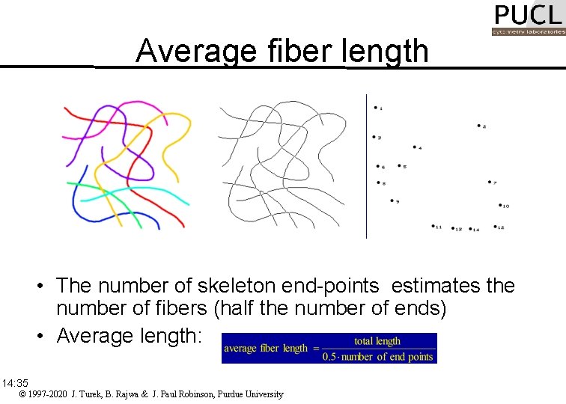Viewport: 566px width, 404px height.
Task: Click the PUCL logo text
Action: [527, 16]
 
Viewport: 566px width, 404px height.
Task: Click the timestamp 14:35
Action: [15, 382]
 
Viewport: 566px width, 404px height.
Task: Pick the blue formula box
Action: [329, 348]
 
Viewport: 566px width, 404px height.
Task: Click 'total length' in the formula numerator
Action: [377, 341]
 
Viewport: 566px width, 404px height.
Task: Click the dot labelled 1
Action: [375, 108]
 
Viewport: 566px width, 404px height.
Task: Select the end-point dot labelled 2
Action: [478, 126]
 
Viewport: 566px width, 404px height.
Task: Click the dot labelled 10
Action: [499, 204]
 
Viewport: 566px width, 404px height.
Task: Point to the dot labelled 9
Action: [392, 200]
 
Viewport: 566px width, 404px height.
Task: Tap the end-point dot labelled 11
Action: [433, 225]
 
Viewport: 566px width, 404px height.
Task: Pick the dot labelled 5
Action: [399, 165]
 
